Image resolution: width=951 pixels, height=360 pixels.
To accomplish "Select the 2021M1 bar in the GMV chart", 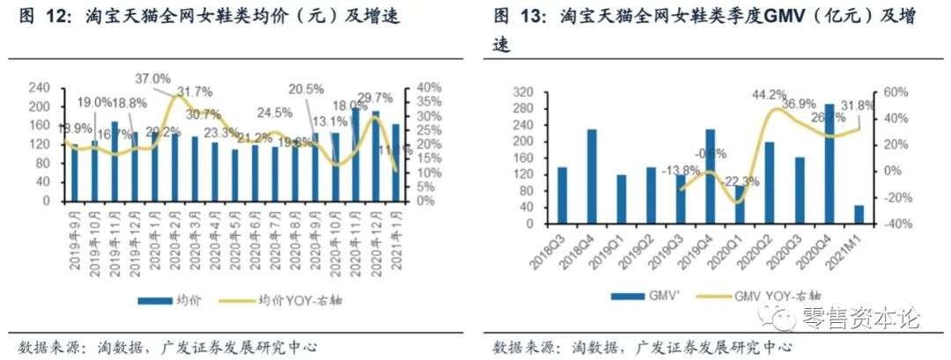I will pyautogui.click(x=859, y=209).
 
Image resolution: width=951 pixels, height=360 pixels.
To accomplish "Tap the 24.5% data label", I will pyautogui.click(x=276, y=113).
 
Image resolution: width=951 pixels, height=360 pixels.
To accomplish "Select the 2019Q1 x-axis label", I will pyautogui.click(x=622, y=240).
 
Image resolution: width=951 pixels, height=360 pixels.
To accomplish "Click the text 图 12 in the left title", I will pyautogui.click(x=40, y=16).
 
